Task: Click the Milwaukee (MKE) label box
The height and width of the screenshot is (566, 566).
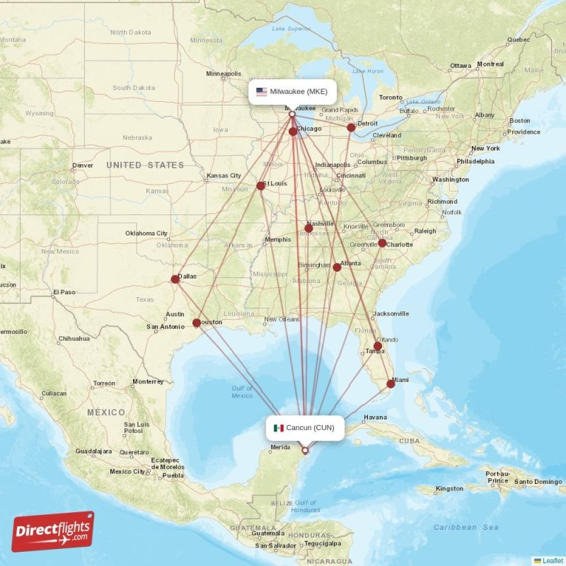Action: (x=291, y=91)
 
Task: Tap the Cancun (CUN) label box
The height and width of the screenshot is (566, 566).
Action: (x=306, y=427)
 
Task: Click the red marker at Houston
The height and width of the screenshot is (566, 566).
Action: (x=197, y=323)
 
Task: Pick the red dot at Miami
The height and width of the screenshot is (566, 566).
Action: (x=391, y=384)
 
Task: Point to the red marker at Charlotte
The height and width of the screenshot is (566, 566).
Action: (x=382, y=243)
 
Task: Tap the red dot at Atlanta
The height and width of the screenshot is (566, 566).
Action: (x=337, y=267)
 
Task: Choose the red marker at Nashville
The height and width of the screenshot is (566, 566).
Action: (x=308, y=229)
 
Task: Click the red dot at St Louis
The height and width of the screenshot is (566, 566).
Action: (x=260, y=186)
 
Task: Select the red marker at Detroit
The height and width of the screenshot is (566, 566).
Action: (x=351, y=128)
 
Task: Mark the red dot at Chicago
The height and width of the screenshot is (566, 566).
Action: (x=293, y=132)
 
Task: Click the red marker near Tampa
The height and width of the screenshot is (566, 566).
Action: (x=378, y=346)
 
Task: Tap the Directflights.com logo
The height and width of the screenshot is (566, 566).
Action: (x=53, y=531)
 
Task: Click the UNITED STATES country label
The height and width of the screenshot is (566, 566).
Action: (x=145, y=165)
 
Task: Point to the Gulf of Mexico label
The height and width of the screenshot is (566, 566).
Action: (x=242, y=391)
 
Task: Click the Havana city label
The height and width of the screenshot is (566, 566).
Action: (x=375, y=417)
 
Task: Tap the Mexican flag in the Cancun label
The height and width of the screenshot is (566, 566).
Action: (x=279, y=427)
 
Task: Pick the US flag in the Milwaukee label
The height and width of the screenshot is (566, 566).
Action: (x=262, y=91)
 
